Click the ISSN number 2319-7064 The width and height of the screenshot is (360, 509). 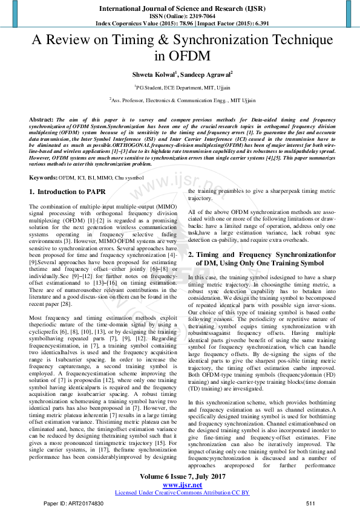point(197,15)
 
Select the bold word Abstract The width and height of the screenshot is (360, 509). point(41,120)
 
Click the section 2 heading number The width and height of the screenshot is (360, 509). point(191,255)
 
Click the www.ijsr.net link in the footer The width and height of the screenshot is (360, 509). point(180,485)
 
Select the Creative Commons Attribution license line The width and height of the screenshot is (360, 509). point(182,493)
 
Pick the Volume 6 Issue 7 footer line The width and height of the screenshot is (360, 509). point(180,478)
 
